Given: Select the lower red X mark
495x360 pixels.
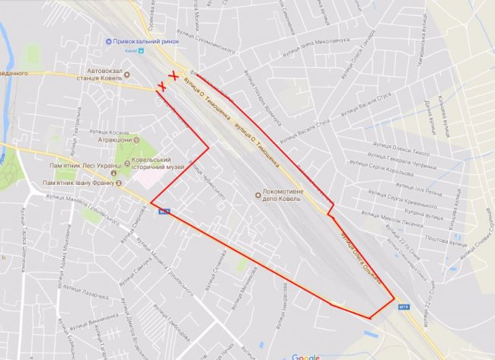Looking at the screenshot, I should point(161,88).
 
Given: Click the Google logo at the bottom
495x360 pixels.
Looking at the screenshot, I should point(305,356).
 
